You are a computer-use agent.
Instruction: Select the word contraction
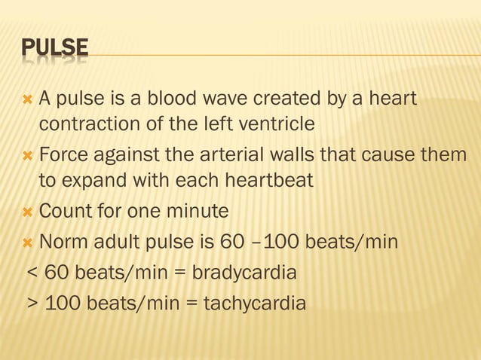coord(88,123)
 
